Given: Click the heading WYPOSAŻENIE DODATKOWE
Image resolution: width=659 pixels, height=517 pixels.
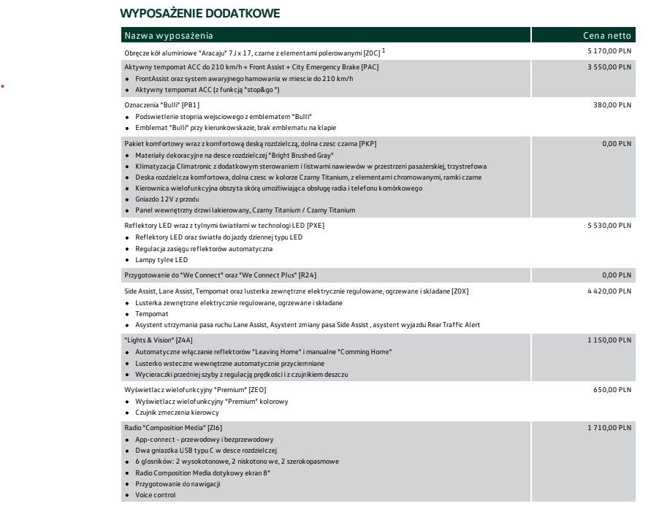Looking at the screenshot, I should click(x=199, y=14).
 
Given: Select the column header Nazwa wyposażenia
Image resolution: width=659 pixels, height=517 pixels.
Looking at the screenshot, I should click(x=169, y=36).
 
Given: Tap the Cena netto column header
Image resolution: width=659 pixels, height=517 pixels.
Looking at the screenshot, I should click(x=606, y=36).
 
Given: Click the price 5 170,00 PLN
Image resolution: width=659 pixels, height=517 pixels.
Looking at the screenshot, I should click(x=609, y=52).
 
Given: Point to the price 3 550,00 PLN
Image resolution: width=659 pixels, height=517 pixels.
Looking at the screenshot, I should click(x=609, y=67).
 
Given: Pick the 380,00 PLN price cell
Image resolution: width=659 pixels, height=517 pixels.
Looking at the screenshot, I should click(x=614, y=105).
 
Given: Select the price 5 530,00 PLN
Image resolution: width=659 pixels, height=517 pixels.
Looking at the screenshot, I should click(x=609, y=226).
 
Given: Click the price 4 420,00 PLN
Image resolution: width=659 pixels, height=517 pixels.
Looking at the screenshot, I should click(x=609, y=291).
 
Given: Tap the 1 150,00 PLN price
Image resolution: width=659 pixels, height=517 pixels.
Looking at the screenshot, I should click(x=609, y=340).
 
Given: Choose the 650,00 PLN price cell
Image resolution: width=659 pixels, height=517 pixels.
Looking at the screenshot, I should click(x=614, y=390).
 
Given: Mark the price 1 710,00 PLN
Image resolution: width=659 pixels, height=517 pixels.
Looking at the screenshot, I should click(x=609, y=427).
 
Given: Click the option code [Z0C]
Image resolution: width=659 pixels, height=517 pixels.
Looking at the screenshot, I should click(x=371, y=53).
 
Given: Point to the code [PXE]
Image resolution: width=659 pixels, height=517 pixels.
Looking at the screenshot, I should click(x=315, y=226).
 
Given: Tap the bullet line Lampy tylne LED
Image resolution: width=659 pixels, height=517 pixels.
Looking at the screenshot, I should click(x=161, y=259).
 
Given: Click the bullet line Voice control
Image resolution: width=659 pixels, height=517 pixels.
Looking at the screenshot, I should click(x=155, y=495).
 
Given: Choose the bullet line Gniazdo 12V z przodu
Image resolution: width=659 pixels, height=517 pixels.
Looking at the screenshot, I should click(x=167, y=199).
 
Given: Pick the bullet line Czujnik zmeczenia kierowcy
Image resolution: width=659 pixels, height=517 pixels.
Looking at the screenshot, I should click(x=177, y=413).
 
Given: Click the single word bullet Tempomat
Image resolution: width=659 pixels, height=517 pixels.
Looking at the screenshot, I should click(x=151, y=313).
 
